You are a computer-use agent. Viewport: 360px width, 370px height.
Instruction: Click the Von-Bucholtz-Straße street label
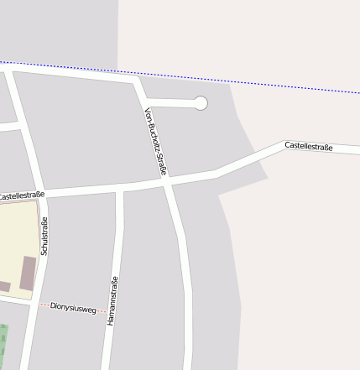tap(155, 141)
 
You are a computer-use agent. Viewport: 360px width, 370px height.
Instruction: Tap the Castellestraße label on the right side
tap(308, 147)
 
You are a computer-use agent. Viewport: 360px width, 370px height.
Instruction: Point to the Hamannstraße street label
tap(113, 300)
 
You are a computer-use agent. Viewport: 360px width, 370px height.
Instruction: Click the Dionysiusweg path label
tap(74, 307)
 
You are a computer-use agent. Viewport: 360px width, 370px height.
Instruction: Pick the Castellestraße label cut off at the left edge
tap(22, 195)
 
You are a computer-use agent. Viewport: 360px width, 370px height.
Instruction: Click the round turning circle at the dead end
tap(201, 103)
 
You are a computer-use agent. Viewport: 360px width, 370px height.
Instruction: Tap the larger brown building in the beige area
tap(28, 274)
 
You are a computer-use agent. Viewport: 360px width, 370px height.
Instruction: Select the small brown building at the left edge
tap(4, 287)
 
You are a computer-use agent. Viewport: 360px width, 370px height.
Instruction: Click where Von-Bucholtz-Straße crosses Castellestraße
tap(167, 180)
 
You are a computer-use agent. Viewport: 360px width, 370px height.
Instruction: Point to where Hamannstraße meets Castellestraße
tap(119, 187)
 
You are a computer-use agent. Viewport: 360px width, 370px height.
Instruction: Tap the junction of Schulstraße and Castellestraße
tap(44, 194)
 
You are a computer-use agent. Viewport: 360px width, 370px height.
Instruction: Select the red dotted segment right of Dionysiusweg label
tap(102, 310)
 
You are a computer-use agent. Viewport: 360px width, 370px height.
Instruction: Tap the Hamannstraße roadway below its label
tap(107, 348)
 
